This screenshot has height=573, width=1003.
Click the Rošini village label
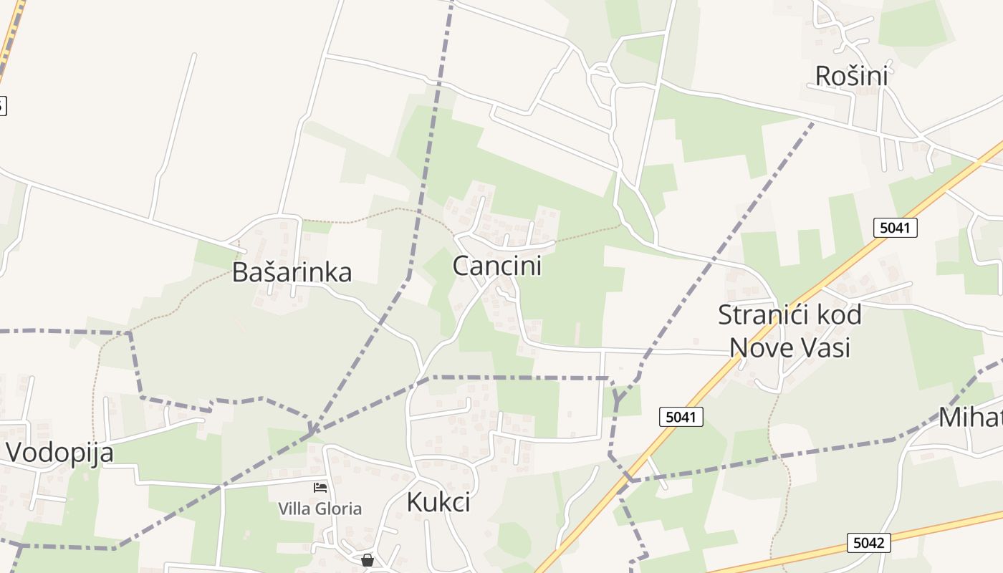[x=852, y=75]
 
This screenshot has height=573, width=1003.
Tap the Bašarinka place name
[x=292, y=272]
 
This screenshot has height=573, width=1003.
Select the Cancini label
[x=497, y=266]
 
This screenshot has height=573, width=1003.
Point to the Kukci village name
[x=438, y=502]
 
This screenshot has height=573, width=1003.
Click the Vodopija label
[x=60, y=453]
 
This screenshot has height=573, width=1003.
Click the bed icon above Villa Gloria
[x=320, y=488]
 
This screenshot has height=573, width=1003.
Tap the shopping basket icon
[x=368, y=559]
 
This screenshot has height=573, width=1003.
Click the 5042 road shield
[x=868, y=542]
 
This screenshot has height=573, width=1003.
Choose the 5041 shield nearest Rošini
[x=895, y=228]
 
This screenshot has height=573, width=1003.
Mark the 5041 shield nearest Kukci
[x=681, y=416]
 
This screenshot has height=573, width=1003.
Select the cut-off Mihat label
[x=971, y=417]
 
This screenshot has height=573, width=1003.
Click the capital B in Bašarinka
[x=240, y=272]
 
